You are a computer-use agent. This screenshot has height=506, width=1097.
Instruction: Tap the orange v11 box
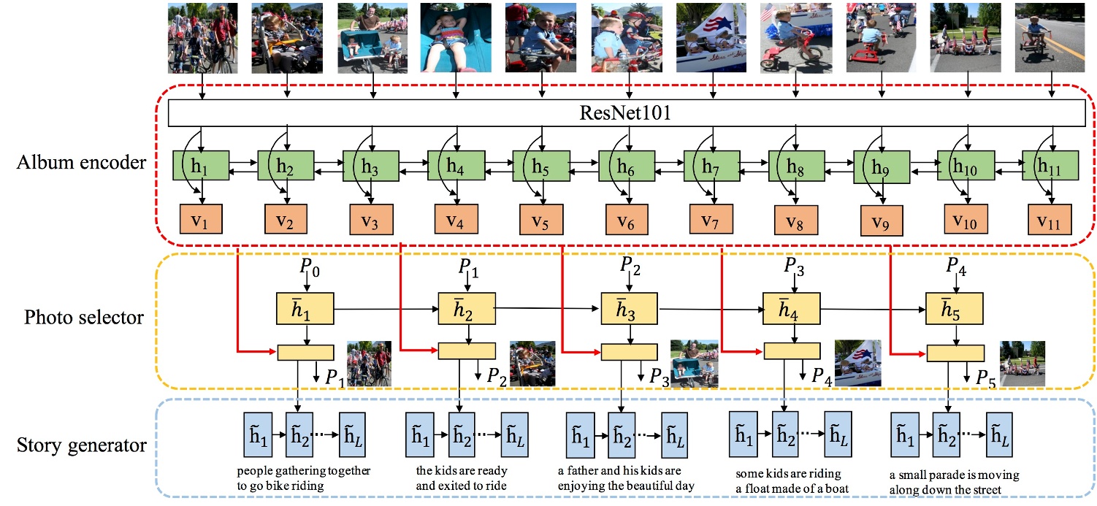[x=1050, y=218]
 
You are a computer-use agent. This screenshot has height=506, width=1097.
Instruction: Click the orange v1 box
[x=202, y=218]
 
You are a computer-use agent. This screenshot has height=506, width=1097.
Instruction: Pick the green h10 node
[x=965, y=166]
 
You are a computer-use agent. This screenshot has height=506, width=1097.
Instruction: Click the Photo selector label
[x=84, y=318]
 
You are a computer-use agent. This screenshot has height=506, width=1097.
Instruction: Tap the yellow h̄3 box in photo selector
[x=629, y=310]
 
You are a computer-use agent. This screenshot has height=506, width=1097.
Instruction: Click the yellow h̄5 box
[x=954, y=310]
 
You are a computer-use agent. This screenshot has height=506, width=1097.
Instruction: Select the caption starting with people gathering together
[x=304, y=478]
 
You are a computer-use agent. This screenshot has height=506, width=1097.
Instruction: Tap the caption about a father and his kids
[x=629, y=478]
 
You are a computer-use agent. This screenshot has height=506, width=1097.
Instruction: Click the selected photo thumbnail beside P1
[x=369, y=363]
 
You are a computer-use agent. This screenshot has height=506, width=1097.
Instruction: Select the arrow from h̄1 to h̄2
[x=385, y=310]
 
